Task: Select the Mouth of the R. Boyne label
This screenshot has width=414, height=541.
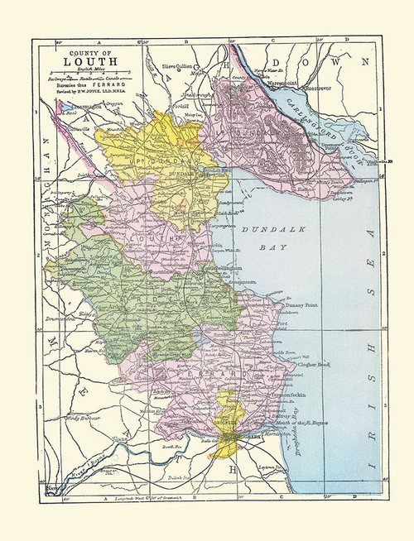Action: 304,423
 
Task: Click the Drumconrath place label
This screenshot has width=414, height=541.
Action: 51,316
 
